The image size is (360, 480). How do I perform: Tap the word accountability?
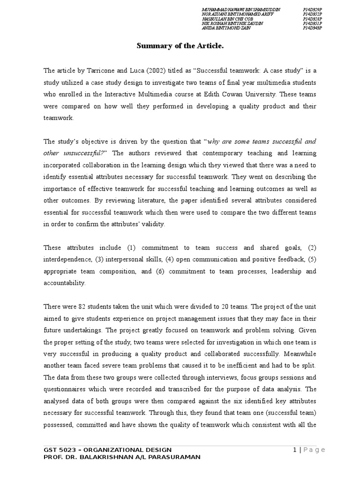pyautogui.click(x=65, y=283)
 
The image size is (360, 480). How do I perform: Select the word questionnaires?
pyautogui.click(x=66, y=389)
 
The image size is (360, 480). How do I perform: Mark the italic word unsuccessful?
pyautogui.click(x=85, y=153)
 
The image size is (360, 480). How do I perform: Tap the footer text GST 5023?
pyautogui.click(x=60, y=450)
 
